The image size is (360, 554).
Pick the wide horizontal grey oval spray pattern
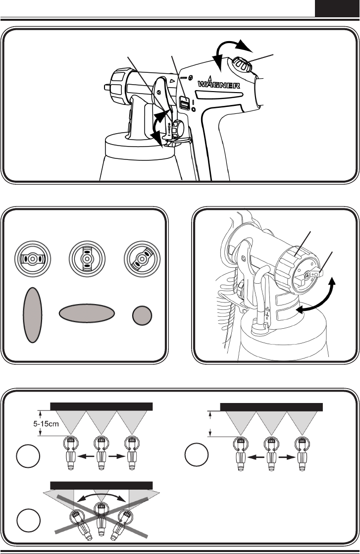click(87, 313)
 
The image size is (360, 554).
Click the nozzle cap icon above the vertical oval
click(32, 258)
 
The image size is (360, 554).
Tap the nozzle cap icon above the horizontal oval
click(87, 258)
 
